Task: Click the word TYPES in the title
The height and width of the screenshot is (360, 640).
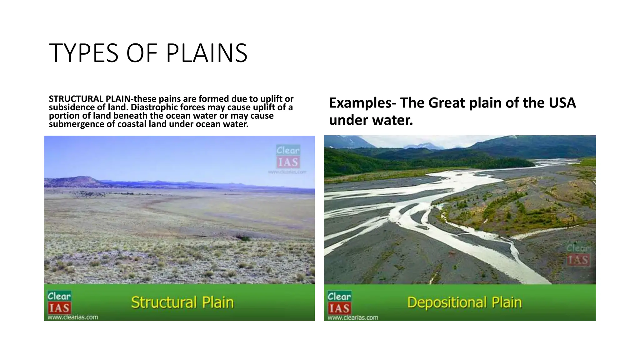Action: coord(84,53)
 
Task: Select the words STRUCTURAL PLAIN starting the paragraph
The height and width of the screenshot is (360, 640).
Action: coord(89,99)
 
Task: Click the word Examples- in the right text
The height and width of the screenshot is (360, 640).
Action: coord(362,103)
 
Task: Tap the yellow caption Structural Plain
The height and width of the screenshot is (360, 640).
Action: coord(182,302)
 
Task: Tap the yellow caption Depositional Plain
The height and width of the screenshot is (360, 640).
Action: coord(464,302)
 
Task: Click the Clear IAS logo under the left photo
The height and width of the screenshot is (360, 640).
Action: coord(59,302)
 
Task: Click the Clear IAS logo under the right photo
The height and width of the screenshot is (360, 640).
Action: coord(339,303)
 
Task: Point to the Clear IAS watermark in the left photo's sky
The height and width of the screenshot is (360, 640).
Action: coord(288,157)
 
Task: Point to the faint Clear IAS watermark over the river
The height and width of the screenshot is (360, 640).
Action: coord(578,255)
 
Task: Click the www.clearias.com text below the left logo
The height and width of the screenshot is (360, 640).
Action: coord(72,317)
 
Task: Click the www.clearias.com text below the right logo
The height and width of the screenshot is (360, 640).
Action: coord(353,317)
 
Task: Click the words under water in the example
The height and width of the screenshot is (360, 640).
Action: coord(371,120)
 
